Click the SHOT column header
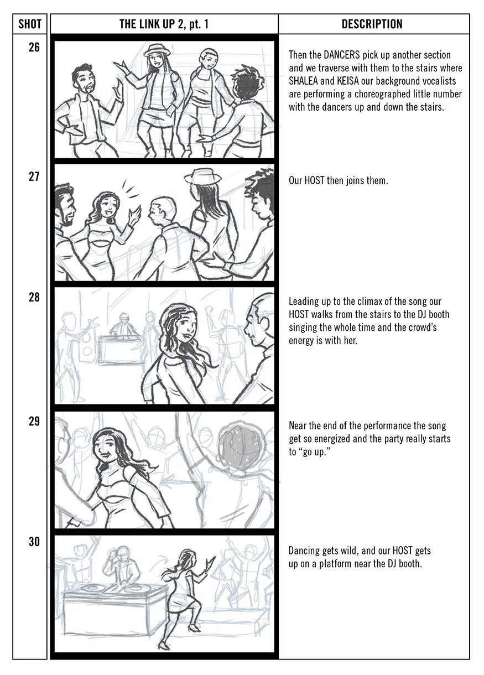pyautogui.click(x=29, y=24)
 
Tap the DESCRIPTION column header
pyautogui.click(x=372, y=24)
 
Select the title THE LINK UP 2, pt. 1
pyautogui.click(x=164, y=24)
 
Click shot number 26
pyautogui.click(x=34, y=47)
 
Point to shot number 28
pyautogui.click(x=34, y=297)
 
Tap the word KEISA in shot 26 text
pyautogui.click(x=348, y=81)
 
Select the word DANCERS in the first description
pyautogui.click(x=341, y=55)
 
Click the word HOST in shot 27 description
pyautogui.click(x=314, y=180)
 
